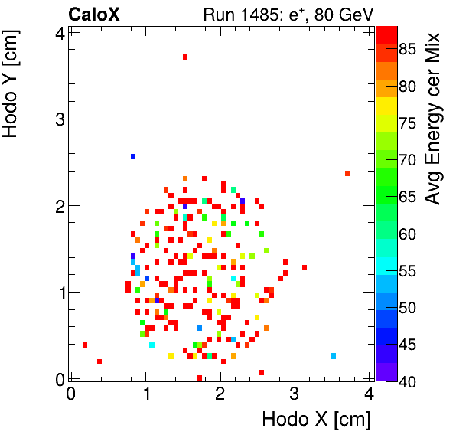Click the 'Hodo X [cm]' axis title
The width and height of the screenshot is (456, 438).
[x=316, y=420]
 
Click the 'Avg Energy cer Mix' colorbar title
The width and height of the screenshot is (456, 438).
[x=433, y=118]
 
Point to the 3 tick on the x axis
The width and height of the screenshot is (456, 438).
[x=295, y=394]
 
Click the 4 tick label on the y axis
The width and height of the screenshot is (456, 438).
[x=58, y=33]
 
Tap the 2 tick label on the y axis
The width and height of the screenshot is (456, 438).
[x=58, y=206]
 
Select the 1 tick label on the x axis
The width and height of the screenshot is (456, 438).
[x=145, y=394]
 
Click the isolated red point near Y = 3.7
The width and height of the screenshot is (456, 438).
[x=185, y=57]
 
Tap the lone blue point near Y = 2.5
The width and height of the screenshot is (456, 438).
[x=133, y=156]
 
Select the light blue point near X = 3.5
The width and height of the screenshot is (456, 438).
[x=334, y=356]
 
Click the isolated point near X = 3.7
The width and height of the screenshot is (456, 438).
[x=348, y=174]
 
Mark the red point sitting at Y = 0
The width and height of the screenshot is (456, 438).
[x=200, y=378]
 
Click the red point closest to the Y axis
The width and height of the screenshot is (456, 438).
[x=85, y=345]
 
